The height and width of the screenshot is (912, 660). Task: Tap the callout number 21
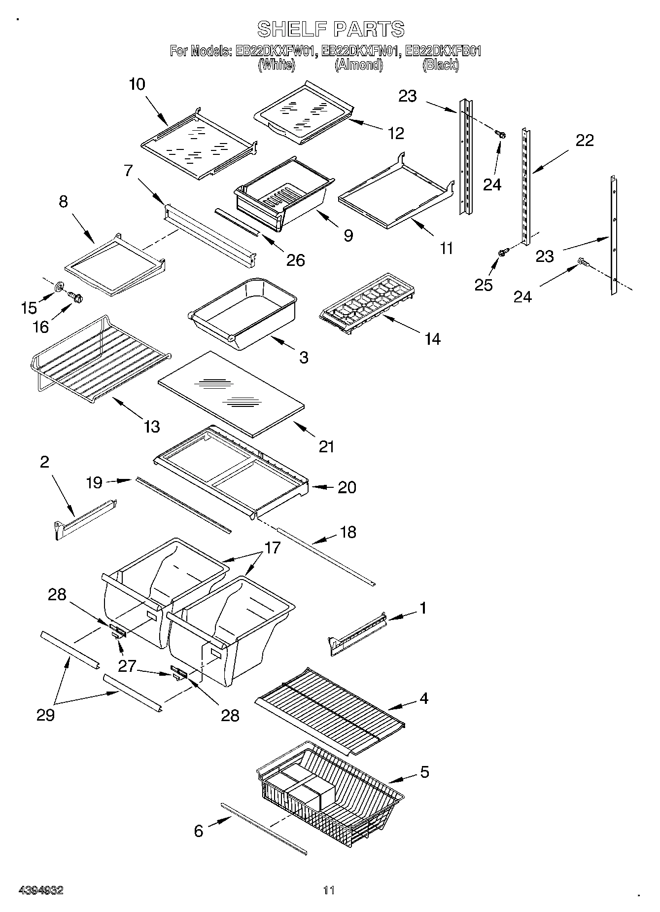click(326, 447)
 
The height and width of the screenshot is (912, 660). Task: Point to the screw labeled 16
click(76, 297)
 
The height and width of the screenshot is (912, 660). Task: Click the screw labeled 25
click(503, 252)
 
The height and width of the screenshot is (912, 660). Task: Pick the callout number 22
click(585, 141)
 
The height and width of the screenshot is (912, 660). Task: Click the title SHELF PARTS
click(331, 29)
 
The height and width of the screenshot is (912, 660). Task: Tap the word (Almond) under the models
click(358, 65)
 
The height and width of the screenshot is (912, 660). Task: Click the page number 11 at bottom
click(329, 890)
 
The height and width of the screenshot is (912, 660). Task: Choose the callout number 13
click(151, 426)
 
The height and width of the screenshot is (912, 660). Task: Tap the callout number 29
click(45, 715)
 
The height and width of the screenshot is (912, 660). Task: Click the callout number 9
click(348, 236)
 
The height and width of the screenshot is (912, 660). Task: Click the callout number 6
click(198, 831)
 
